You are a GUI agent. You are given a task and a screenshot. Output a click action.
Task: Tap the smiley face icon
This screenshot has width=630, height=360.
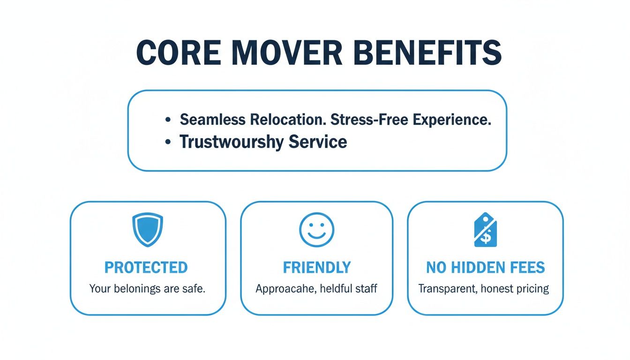tap(316, 230)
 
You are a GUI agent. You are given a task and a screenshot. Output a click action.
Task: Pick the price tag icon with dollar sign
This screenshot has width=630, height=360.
tap(486, 230)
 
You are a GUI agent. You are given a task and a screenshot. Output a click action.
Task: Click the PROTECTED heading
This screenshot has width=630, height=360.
tap(146, 268)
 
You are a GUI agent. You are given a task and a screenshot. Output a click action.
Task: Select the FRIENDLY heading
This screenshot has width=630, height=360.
tap(316, 268)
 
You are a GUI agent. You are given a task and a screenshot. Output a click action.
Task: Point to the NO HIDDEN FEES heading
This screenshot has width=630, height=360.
tap(485, 268)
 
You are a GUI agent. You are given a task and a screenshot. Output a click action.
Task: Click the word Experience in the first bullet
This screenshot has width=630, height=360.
tap(452, 120)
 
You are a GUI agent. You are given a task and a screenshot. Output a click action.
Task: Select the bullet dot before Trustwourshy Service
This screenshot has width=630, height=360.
tap(167, 142)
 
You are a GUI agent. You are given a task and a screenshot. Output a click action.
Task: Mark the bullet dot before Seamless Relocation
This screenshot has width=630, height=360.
tap(167, 120)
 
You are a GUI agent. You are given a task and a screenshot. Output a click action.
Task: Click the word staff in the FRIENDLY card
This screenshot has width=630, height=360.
tap(366, 288)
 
